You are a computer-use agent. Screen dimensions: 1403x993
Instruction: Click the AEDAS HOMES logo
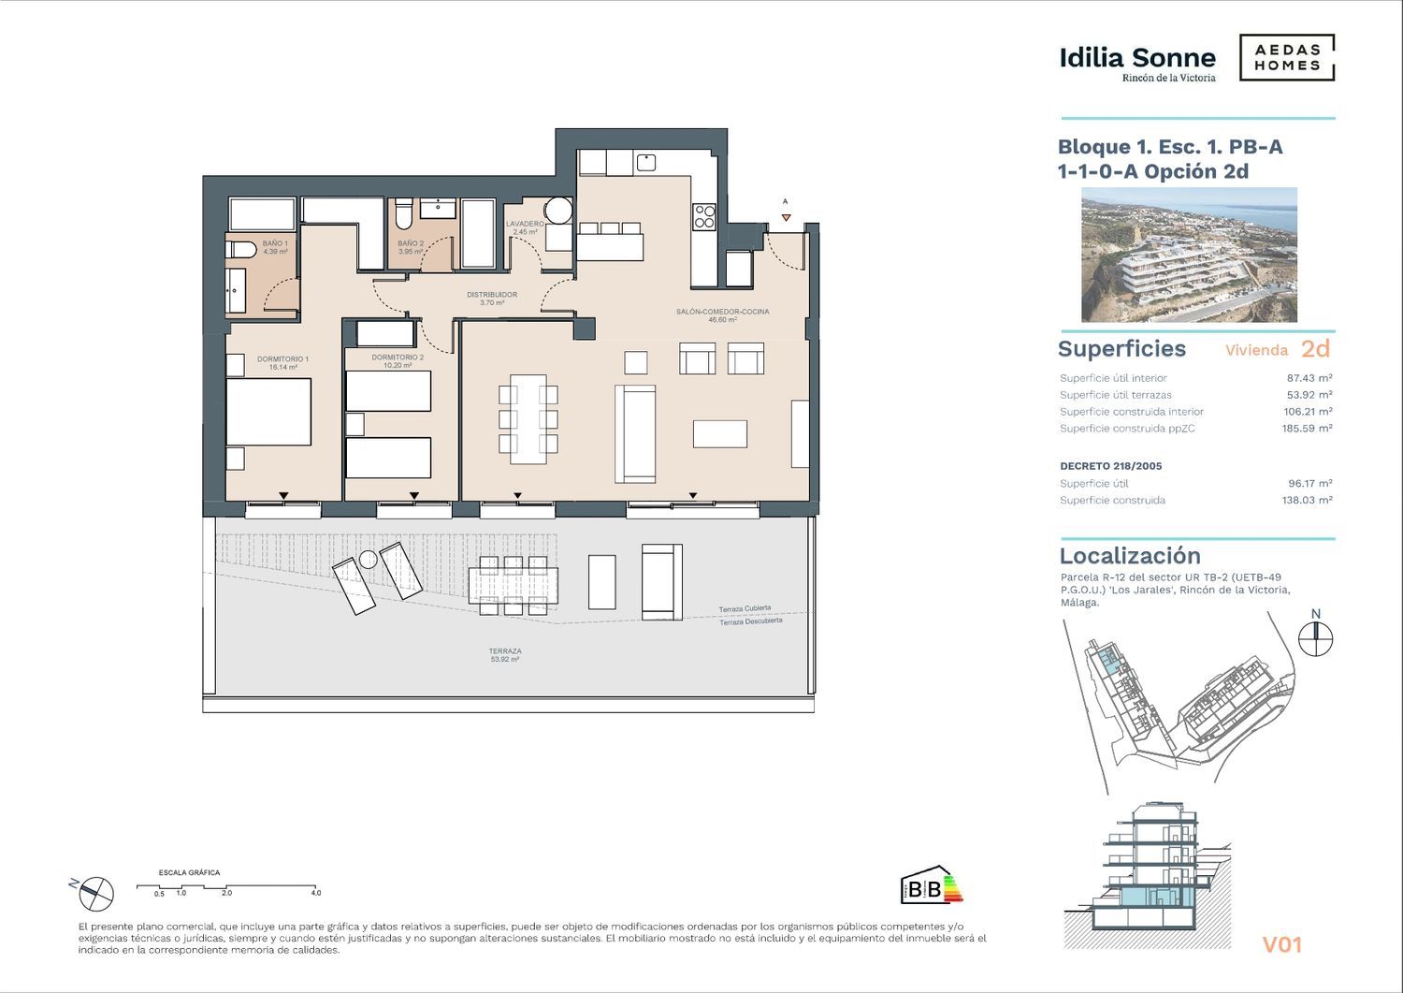1287,58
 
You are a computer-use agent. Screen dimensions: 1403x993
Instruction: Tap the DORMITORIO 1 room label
283,363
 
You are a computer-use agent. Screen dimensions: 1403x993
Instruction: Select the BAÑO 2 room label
411,248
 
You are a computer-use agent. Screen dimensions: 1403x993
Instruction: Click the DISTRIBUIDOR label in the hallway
492,299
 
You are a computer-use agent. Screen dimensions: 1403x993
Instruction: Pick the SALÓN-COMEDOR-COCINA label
722,315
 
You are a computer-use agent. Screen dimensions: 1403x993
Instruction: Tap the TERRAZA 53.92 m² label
505,655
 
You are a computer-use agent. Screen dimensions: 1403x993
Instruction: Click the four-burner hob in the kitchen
704,216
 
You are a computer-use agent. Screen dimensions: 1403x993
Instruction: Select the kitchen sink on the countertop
645,162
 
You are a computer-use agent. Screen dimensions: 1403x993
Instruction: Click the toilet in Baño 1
241,250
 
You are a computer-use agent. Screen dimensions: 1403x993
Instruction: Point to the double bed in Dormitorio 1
268,412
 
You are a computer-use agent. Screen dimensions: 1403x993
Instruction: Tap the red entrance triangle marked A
786,217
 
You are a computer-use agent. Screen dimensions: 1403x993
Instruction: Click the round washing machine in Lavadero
557,210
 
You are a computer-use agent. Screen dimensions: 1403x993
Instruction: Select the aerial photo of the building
1189,255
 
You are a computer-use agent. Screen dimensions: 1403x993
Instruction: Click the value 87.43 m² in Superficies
1309,378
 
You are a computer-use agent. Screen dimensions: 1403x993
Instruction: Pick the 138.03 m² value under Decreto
1308,501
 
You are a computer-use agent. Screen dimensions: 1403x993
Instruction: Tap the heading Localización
1130,555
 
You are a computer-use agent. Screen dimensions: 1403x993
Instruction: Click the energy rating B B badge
931,885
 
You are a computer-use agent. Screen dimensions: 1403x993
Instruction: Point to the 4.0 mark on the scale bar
316,893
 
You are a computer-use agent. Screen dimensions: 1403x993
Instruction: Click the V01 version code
1282,944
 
